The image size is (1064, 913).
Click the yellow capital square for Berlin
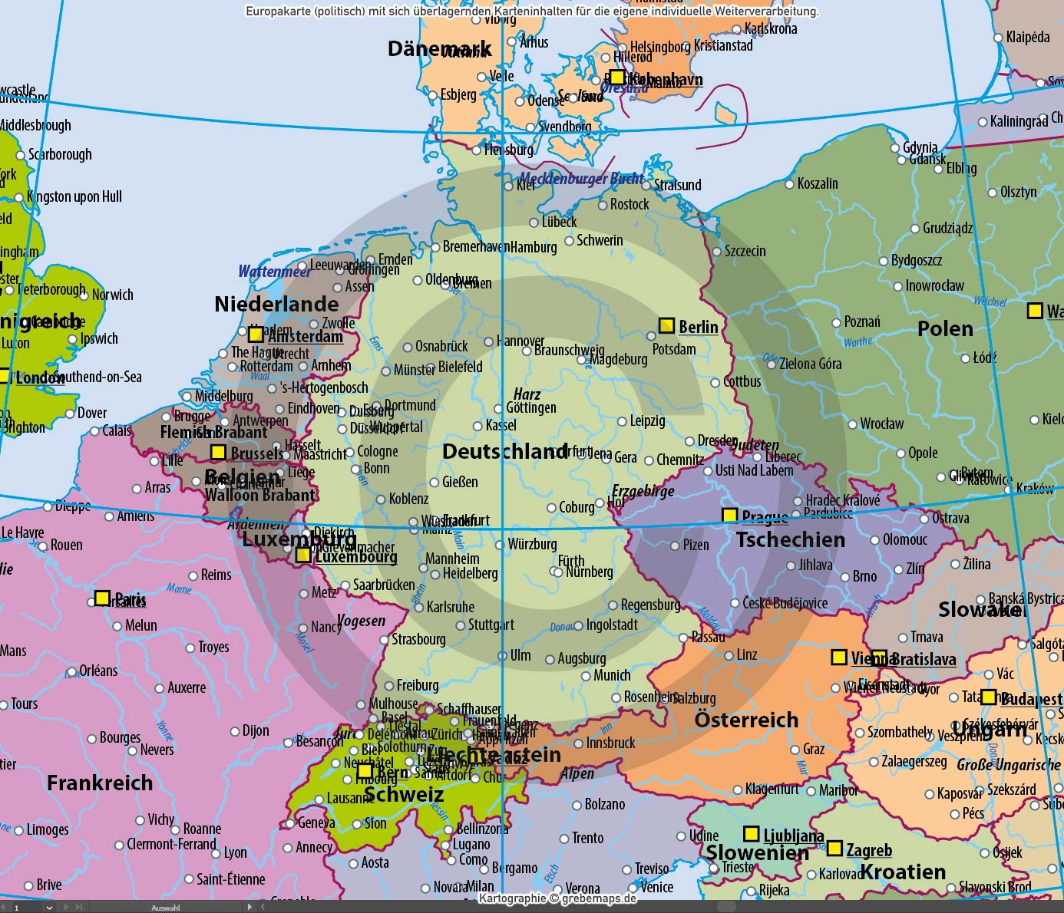(x=666, y=325)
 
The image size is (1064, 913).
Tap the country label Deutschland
(x=505, y=451)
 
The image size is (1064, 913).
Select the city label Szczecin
(x=745, y=251)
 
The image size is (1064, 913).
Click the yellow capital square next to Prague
(x=729, y=516)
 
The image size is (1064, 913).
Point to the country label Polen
(x=945, y=329)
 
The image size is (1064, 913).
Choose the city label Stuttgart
(x=491, y=625)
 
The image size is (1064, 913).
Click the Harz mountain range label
(x=527, y=394)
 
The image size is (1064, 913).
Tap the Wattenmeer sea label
(x=274, y=271)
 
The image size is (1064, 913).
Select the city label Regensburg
(x=650, y=605)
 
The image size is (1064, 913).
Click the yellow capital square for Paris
(x=102, y=598)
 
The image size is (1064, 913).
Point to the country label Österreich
(x=746, y=720)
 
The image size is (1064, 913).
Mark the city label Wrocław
(x=882, y=424)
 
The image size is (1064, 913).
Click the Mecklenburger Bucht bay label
(x=581, y=179)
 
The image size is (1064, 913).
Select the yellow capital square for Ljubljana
(x=751, y=833)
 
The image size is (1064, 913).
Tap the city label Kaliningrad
(x=1019, y=121)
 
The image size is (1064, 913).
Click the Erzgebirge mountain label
(x=643, y=491)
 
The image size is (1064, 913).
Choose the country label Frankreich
(x=100, y=783)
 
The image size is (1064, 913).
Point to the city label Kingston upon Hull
(x=74, y=196)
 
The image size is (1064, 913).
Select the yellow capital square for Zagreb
(x=834, y=849)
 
